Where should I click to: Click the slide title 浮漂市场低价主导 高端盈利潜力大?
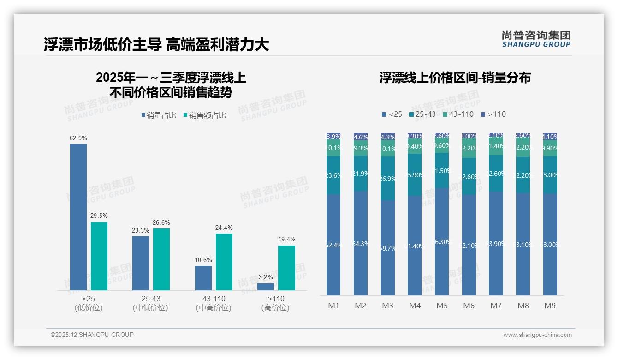tap(156, 44)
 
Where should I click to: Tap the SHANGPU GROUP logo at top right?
tap(536, 39)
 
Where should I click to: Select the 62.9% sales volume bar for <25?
tap(78, 217)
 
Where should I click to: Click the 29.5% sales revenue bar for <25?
tap(99, 256)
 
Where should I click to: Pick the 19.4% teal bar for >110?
tap(286, 268)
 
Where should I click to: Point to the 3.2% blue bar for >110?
tap(266, 287)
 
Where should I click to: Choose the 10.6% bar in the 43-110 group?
tap(203, 278)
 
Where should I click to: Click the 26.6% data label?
tap(161, 222)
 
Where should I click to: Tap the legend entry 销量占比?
tap(159, 115)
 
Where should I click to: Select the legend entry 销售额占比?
tap(205, 115)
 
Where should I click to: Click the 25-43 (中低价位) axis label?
tap(151, 303)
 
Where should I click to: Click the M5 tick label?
tap(442, 306)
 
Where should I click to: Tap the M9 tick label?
tap(550, 306)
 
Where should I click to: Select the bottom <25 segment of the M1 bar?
tap(333, 245)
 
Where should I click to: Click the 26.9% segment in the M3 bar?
tap(387, 178)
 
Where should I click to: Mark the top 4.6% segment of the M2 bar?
tap(361, 137)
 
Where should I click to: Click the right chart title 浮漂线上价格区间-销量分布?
tap(455, 78)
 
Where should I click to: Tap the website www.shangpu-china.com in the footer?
tap(537, 335)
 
